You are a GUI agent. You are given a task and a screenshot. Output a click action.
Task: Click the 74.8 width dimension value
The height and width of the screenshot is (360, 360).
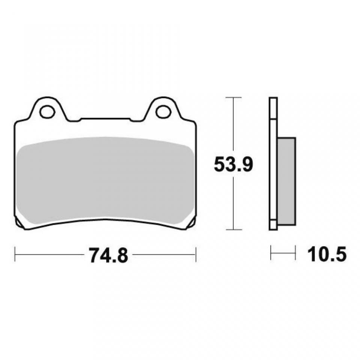point(108,255)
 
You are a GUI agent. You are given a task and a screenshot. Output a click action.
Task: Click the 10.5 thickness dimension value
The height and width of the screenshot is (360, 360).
point(327,255)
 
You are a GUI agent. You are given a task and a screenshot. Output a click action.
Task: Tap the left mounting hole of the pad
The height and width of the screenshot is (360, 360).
point(47,112)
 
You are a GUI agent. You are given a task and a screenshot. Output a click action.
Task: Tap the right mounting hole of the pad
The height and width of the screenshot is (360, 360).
point(163,112)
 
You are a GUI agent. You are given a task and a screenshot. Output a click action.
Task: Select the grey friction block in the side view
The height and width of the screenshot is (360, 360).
point(286,181)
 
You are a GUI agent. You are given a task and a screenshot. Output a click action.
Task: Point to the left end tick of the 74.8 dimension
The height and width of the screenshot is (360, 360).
point(15,254)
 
